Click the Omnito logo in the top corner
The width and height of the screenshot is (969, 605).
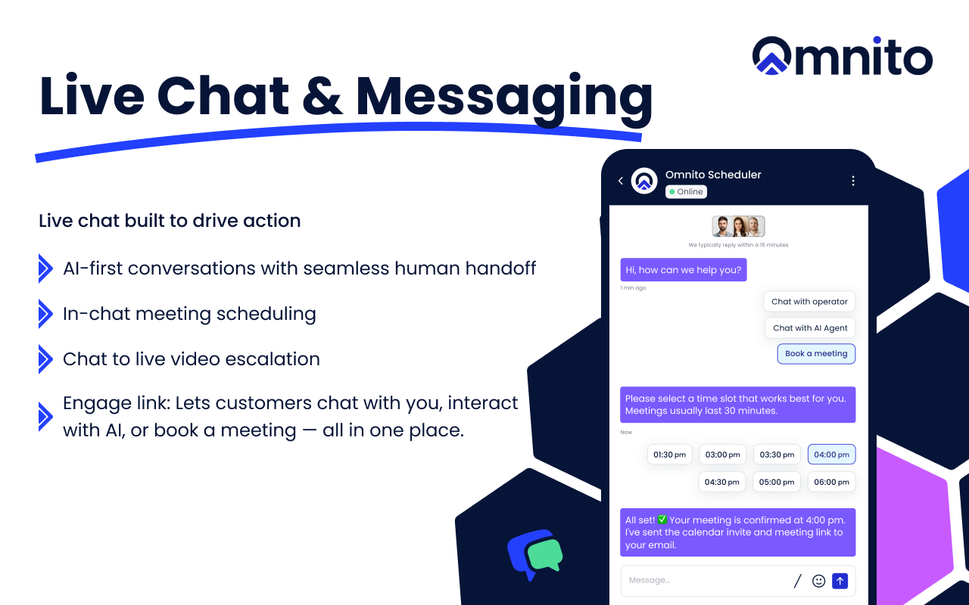[x=843, y=56]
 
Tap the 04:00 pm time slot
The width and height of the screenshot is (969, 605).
[x=831, y=455]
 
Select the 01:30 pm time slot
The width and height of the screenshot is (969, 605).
[x=670, y=455]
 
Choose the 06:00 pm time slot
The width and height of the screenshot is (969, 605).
[x=831, y=482]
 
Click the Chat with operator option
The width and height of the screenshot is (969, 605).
[x=809, y=302]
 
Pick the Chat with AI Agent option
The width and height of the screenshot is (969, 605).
[x=810, y=328]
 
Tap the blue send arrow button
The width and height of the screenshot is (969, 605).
[x=840, y=581]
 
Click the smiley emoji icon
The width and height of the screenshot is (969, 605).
[x=818, y=581]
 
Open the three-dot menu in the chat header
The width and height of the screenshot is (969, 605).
[x=853, y=181]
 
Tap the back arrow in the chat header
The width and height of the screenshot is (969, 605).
[x=621, y=181]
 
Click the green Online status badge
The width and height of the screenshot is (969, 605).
[x=686, y=191]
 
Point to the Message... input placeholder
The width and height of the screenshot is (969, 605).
[x=650, y=580]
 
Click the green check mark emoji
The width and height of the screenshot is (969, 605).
[x=662, y=520]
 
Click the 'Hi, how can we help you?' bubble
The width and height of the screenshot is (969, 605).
[x=684, y=270]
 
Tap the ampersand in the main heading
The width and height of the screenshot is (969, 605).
[x=322, y=95]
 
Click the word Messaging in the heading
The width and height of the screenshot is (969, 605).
[x=504, y=99]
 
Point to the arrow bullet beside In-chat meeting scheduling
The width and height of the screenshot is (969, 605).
[x=45, y=314]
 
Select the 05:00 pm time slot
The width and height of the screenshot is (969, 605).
[x=777, y=482]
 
